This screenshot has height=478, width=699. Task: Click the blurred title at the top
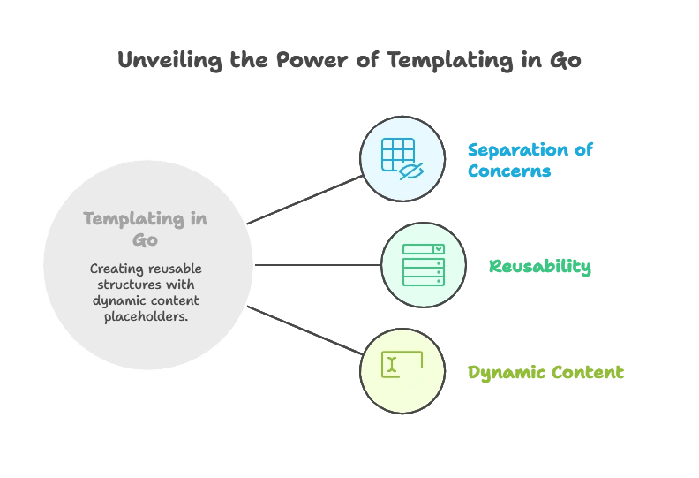tap(349, 61)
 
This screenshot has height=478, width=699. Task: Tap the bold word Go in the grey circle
tap(145, 240)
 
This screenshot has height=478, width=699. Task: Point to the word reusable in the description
tap(176, 269)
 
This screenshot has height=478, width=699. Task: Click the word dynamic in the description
tap(115, 300)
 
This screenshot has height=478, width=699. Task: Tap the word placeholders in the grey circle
tap(146, 316)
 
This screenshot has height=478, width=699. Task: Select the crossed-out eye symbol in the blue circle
tap(410, 170)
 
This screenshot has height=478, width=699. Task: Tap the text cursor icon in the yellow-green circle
tap(392, 364)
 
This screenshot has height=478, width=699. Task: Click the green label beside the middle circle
tap(539, 267)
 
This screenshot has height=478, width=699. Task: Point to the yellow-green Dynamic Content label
tap(545, 373)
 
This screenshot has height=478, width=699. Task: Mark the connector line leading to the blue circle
tap(307, 199)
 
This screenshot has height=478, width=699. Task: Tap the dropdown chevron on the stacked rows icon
tap(439, 250)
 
